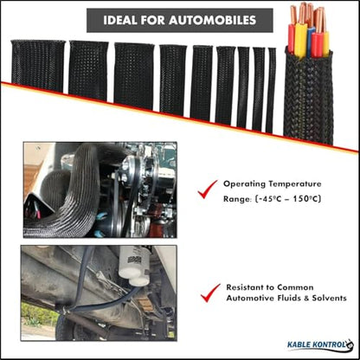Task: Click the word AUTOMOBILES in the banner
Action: [x=213, y=20]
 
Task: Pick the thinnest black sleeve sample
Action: [x=271, y=90]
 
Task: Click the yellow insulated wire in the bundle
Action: [x=300, y=41]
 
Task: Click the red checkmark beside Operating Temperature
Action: [x=208, y=189]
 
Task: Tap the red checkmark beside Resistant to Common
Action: [x=210, y=292]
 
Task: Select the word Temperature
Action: [x=294, y=184]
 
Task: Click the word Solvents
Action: [x=329, y=298]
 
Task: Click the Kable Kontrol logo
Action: [x=321, y=345]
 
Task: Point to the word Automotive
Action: [x=250, y=298]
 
